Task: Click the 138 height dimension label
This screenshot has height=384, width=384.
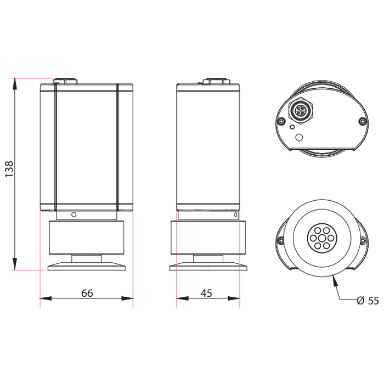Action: (x=9, y=169)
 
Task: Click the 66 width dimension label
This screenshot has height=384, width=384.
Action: (x=87, y=293)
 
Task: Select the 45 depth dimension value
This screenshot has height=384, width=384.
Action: (x=206, y=293)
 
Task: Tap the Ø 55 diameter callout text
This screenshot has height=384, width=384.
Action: (x=368, y=301)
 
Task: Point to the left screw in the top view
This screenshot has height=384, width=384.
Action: (x=281, y=121)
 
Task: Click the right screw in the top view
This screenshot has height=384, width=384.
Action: (x=363, y=121)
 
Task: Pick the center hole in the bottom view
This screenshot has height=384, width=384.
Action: (x=322, y=238)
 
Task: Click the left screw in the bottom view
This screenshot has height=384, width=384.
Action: (x=281, y=240)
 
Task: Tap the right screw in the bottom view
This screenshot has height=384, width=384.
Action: (x=363, y=240)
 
